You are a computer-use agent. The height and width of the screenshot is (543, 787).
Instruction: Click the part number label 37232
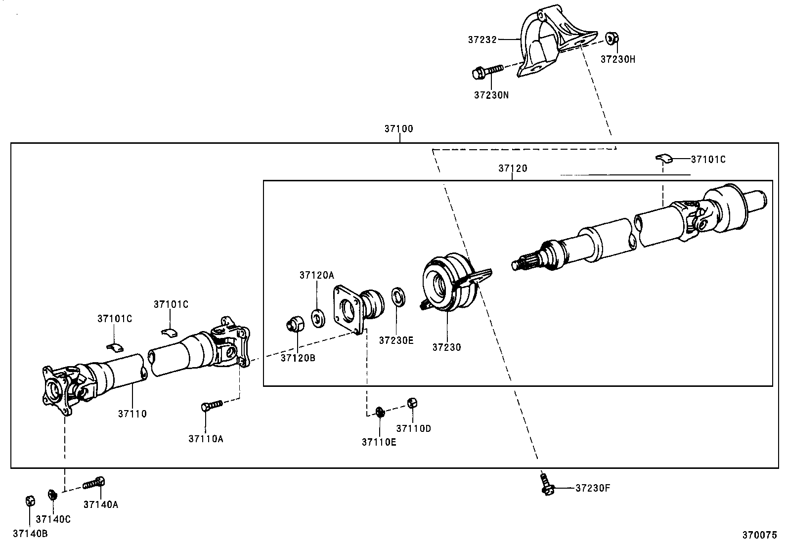pyautogui.click(x=482, y=39)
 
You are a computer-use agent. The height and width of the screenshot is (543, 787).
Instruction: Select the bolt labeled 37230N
pyautogui.click(x=487, y=73)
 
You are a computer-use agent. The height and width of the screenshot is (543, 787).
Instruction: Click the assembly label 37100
pyautogui.click(x=398, y=129)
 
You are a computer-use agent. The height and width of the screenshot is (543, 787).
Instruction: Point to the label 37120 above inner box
pyautogui.click(x=513, y=168)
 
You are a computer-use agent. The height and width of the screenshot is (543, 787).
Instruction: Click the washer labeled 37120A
pyautogui.click(x=318, y=318)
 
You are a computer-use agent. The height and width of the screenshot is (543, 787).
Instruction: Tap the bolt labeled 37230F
pyautogui.click(x=546, y=484)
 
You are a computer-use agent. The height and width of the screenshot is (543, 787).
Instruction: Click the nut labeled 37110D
pyautogui.click(x=412, y=403)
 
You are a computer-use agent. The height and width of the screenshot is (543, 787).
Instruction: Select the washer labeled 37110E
pyautogui.click(x=380, y=411)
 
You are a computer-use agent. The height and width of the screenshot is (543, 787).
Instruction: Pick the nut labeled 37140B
pyautogui.click(x=29, y=501)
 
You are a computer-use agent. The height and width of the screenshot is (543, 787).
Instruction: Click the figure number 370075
pyautogui.click(x=759, y=535)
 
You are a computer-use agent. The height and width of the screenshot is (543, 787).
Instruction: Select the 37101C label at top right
pyautogui.click(x=708, y=160)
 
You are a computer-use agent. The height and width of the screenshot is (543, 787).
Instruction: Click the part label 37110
pyautogui.click(x=132, y=414)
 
